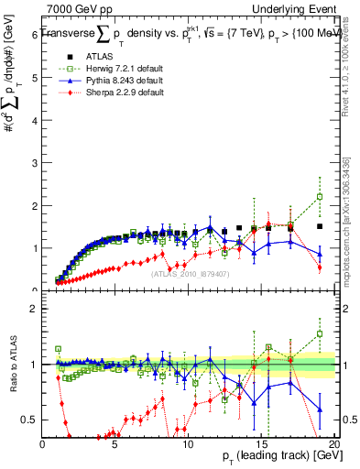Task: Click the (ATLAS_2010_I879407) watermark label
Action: point(190,273)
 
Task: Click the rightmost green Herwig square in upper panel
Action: point(320,197)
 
